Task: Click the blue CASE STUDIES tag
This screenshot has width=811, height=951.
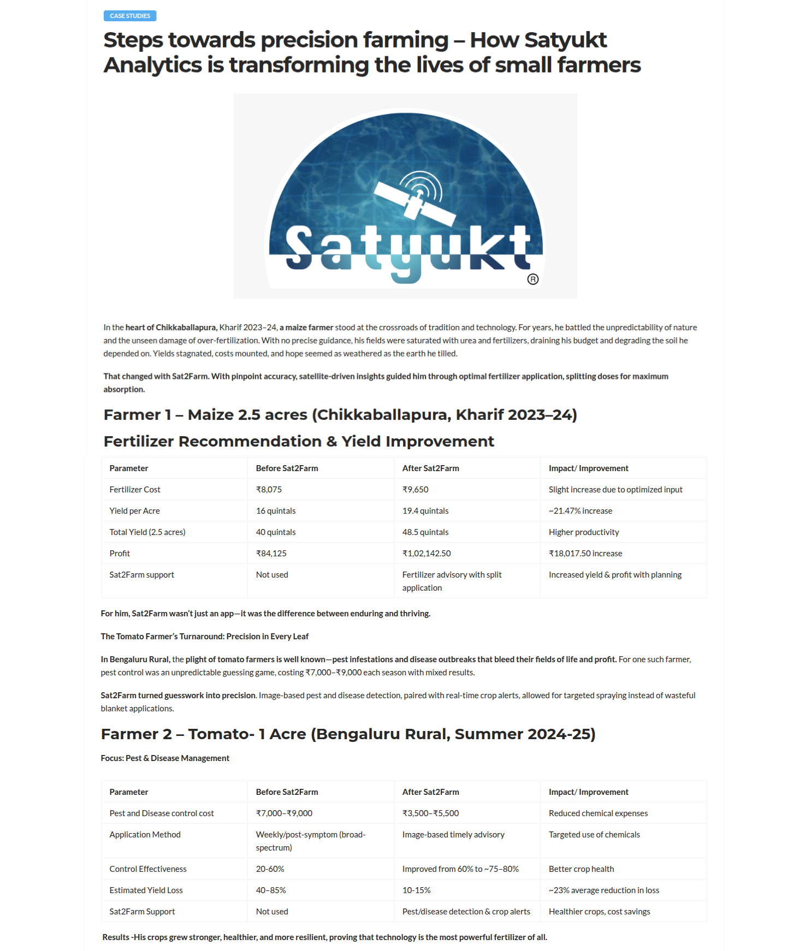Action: (x=130, y=16)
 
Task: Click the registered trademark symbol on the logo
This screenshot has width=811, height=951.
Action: (x=533, y=280)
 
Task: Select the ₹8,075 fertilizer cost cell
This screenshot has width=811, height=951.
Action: (x=269, y=490)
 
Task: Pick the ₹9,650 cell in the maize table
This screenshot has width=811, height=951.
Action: (x=415, y=490)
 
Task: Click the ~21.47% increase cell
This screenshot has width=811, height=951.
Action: (x=580, y=511)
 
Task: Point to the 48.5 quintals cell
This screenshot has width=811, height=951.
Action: (x=425, y=532)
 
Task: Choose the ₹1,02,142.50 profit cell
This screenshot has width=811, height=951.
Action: (x=427, y=554)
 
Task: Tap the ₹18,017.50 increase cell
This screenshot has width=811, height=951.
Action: (x=585, y=554)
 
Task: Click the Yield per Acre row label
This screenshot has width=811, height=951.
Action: (x=134, y=511)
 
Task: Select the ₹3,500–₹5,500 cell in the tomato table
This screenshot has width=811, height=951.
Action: (x=430, y=813)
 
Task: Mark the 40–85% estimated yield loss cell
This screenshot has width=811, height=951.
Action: (x=271, y=890)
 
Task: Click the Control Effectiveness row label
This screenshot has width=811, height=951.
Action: (x=148, y=869)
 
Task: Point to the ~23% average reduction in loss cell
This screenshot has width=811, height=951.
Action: (x=603, y=890)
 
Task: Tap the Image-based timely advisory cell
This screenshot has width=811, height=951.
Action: (x=453, y=835)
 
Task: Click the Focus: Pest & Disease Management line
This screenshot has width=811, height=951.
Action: (x=165, y=758)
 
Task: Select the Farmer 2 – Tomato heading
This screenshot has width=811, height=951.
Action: (x=348, y=734)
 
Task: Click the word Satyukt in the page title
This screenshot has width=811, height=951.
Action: (x=565, y=40)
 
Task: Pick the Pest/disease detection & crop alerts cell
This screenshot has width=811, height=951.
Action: (x=466, y=912)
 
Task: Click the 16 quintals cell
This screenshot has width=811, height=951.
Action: (x=276, y=511)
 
